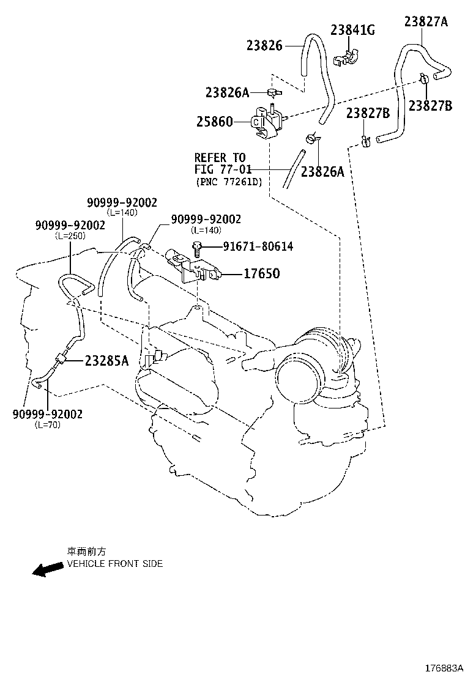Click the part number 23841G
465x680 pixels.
pos(352,29)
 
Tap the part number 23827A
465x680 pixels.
pos(426,22)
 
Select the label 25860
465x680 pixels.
pos(214,122)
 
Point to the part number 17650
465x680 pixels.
pos(261,274)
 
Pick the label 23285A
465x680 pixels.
pos(106,361)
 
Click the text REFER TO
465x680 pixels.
pos(220,158)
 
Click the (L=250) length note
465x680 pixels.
pos(70,235)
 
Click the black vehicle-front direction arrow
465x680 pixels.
pos(48,569)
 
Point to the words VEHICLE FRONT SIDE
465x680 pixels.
pos(115,564)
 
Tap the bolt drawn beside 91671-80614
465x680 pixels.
pos(197,248)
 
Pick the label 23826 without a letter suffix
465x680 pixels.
pos(264,45)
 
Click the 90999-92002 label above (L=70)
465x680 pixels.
pos(47,414)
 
